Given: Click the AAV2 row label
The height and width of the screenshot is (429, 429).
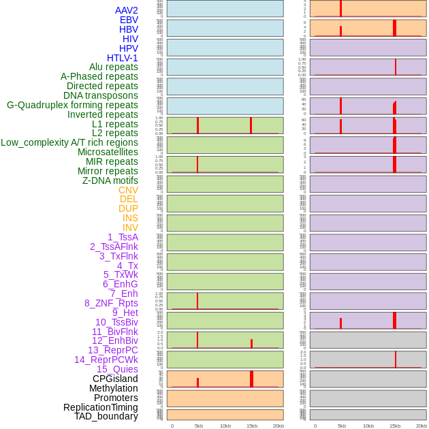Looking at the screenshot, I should (x=126, y=10).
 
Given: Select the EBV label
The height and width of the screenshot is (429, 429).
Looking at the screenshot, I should (x=129, y=20).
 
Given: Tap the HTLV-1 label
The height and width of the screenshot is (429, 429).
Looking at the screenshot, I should (x=122, y=58).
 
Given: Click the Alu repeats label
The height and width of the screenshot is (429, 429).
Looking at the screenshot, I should (x=113, y=67).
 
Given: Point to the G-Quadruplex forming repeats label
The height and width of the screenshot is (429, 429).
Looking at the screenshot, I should (x=72, y=105).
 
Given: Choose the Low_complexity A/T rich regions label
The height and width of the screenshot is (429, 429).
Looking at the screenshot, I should (x=69, y=142).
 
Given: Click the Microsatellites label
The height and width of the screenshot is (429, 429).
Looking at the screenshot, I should (x=108, y=152).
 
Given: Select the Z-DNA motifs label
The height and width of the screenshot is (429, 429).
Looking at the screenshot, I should (x=110, y=180).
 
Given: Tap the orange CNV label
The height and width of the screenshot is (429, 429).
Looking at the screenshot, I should (x=128, y=190).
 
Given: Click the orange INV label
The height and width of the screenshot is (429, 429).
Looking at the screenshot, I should (x=130, y=227).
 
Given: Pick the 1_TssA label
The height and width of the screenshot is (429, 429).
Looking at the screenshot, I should (x=123, y=237).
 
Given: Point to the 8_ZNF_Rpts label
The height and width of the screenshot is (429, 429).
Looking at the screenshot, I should (x=111, y=303).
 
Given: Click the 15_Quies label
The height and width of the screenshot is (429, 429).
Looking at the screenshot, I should (x=117, y=369).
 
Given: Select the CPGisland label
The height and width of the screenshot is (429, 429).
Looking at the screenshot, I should (x=115, y=379).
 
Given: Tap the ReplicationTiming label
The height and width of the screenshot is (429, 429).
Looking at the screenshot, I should (x=101, y=407).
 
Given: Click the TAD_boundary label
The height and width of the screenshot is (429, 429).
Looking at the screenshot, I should (x=106, y=416).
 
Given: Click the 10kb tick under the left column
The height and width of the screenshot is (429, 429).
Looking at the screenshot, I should (x=225, y=426).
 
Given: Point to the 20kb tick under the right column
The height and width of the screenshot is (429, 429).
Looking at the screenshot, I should (x=422, y=426).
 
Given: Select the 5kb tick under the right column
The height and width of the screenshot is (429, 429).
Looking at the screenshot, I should (x=342, y=426).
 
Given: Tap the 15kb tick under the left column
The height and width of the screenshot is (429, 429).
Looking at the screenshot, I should (x=252, y=426).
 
